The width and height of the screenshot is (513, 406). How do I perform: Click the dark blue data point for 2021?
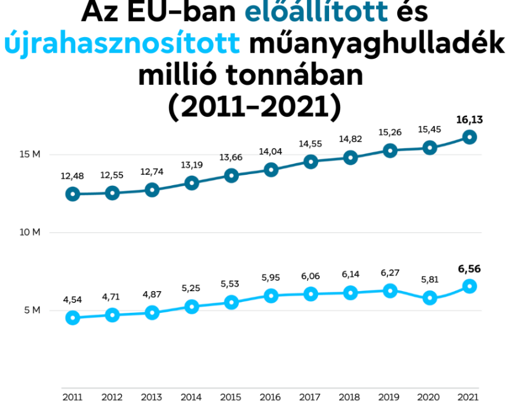[470, 137]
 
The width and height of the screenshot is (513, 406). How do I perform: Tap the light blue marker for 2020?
[429, 298]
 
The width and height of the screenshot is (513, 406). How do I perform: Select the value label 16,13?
[469, 119]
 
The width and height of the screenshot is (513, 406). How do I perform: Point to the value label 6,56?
[469, 270]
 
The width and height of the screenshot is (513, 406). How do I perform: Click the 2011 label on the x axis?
[73, 397]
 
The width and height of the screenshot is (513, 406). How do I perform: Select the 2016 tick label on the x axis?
[270, 397]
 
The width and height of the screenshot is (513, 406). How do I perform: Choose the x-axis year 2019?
[389, 397]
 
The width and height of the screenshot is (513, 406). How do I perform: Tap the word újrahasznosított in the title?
[122, 44]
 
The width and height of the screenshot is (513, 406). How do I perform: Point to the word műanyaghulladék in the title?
[377, 44]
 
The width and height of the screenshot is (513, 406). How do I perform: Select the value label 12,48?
[73, 176]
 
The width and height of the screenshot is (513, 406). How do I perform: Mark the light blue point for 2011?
[73, 318]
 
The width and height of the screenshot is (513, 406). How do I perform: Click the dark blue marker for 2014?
[192, 182]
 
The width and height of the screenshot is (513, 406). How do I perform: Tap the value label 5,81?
[429, 281]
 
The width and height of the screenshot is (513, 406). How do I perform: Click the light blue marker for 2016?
[271, 296]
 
